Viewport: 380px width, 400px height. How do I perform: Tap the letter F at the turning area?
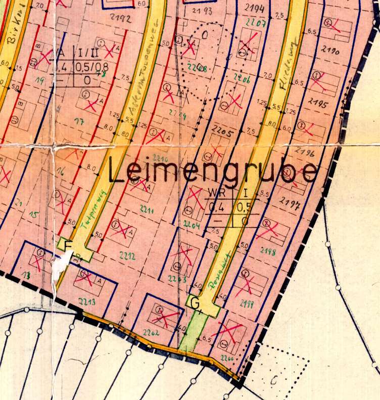click(x=68, y=246)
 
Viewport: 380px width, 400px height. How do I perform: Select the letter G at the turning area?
click(x=196, y=303)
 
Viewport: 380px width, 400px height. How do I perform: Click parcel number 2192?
click(x=123, y=19)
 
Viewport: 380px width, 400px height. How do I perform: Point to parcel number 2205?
click(x=223, y=134)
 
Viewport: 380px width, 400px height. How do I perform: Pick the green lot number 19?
click(x=37, y=80)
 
